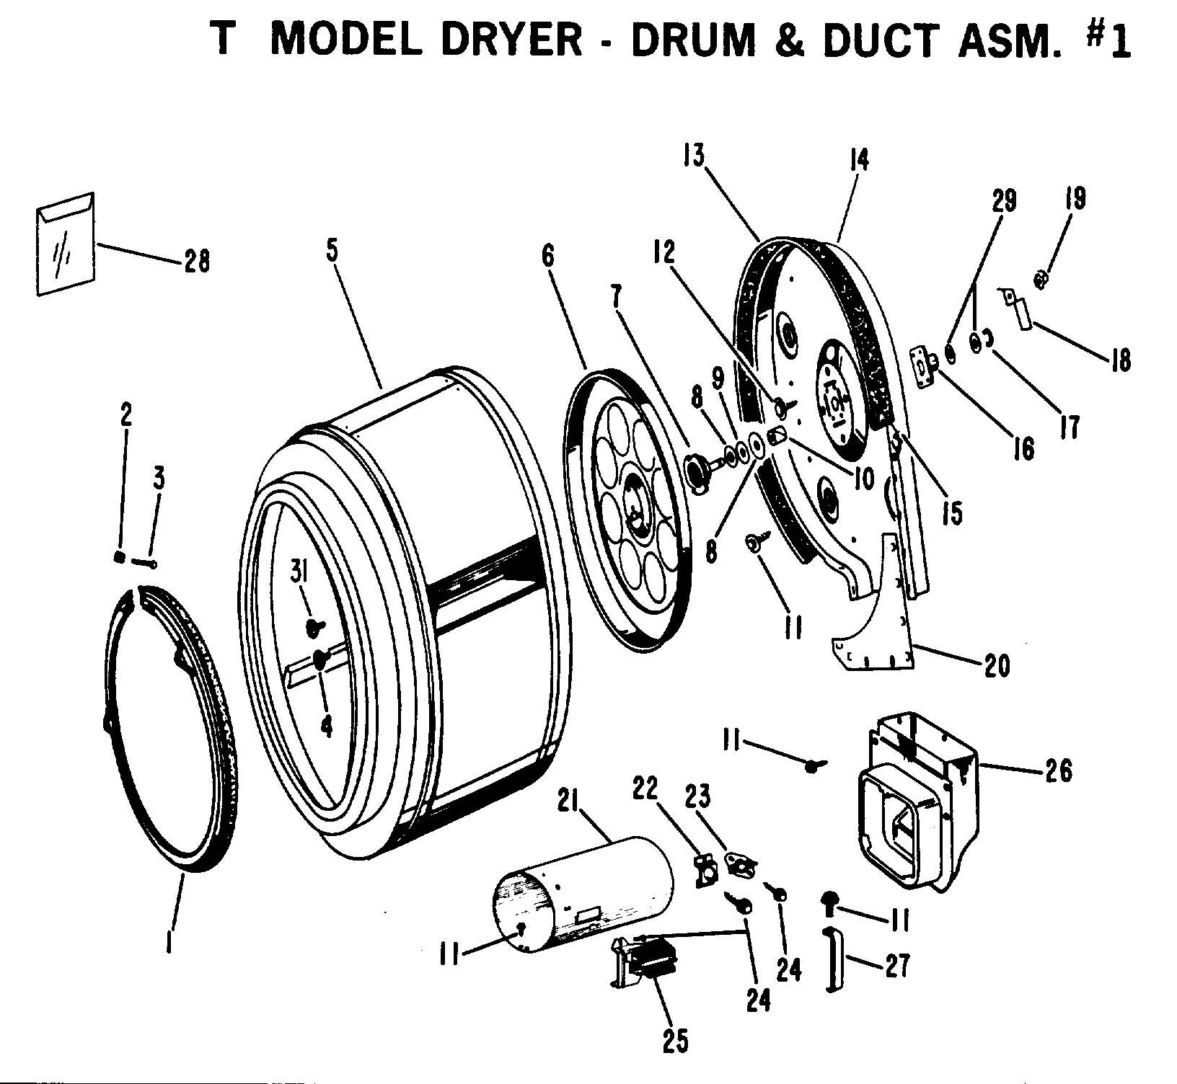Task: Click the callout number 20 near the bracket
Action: [x=997, y=665]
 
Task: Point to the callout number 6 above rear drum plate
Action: [x=548, y=258]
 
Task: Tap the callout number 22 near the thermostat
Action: [x=645, y=791]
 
